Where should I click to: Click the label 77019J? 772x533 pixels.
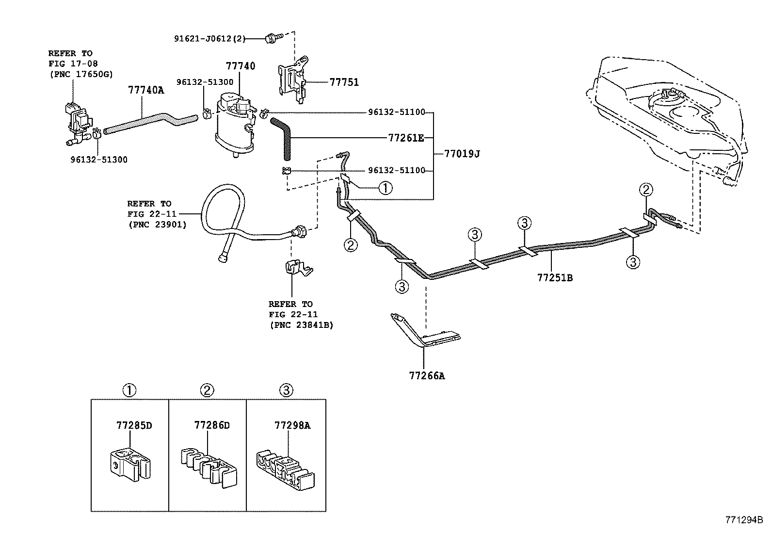point(462,154)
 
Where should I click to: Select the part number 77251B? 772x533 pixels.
point(555,278)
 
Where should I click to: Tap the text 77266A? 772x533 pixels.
point(427,375)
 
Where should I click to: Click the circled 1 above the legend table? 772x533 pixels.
point(129,389)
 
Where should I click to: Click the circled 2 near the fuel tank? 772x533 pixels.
point(646,190)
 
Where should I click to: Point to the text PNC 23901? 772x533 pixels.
point(158,225)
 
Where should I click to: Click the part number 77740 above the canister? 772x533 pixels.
point(240,66)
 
